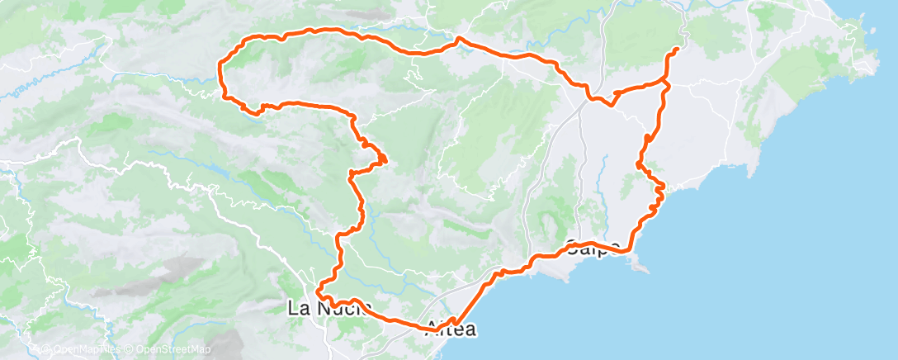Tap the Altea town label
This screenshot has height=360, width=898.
(x=451, y=329)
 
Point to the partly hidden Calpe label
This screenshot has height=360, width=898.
(x=592, y=246)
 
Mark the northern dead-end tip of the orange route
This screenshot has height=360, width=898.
(x=678, y=50)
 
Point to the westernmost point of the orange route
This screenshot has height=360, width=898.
(x=220, y=69)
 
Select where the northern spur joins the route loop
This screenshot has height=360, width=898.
(x=666, y=83)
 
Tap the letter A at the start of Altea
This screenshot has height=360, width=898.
(x=432, y=329)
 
